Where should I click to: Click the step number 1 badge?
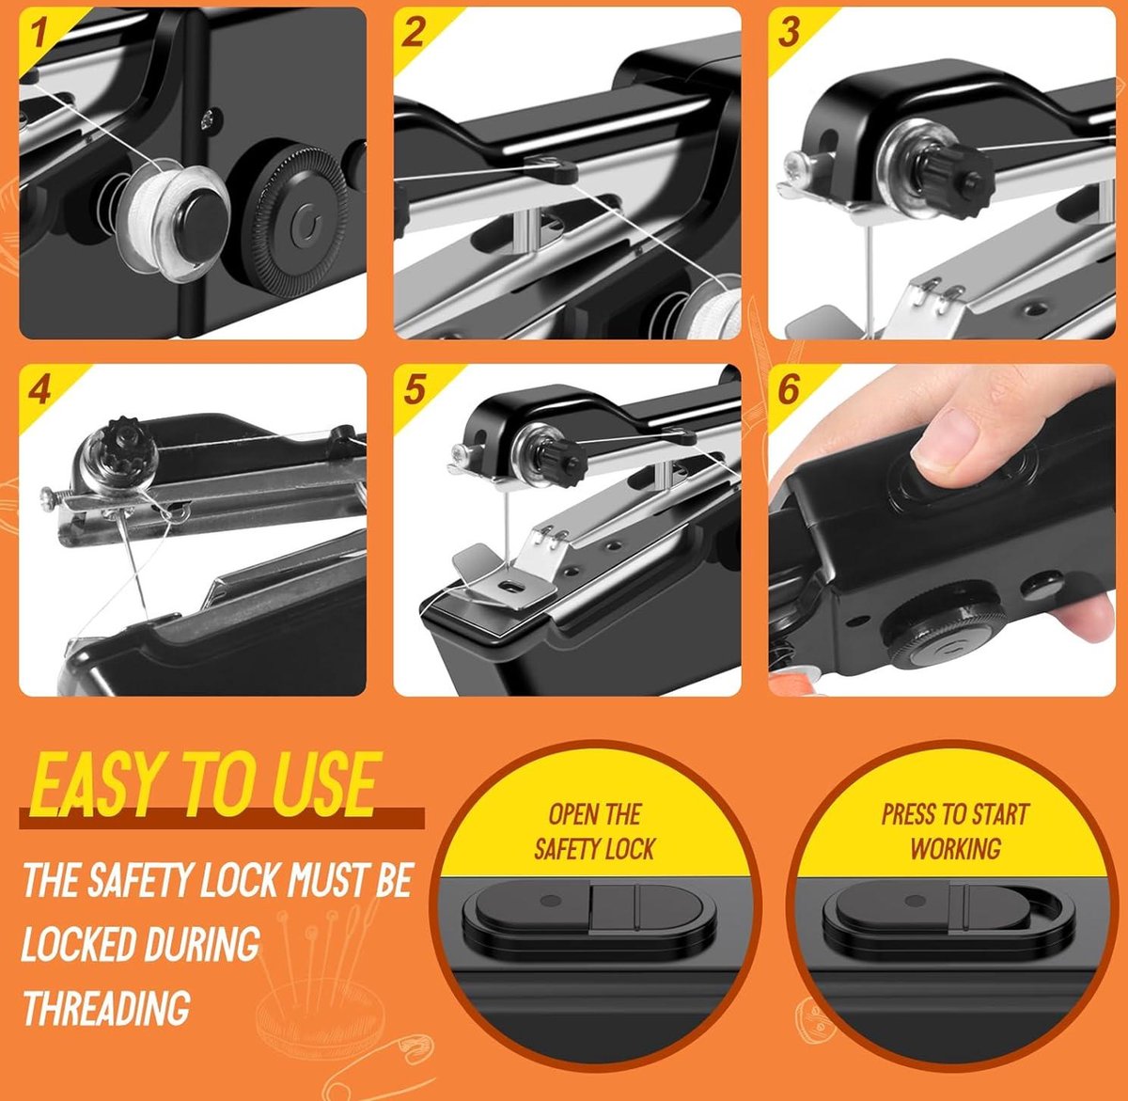pos(39,33)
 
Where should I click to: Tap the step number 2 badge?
pos(412,33)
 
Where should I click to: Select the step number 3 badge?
pos(789,33)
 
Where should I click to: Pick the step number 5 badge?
pos(414,389)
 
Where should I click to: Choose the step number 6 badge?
pos(789,389)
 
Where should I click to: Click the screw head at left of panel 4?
pos(48,497)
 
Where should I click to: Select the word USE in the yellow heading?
pos(324,783)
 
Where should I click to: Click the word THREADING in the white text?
pos(107,1007)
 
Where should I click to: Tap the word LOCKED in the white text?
pos(78,943)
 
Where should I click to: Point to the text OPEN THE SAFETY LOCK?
pos(594,831)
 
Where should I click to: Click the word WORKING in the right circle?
pos(956,848)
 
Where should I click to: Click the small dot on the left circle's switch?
pos(550,901)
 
